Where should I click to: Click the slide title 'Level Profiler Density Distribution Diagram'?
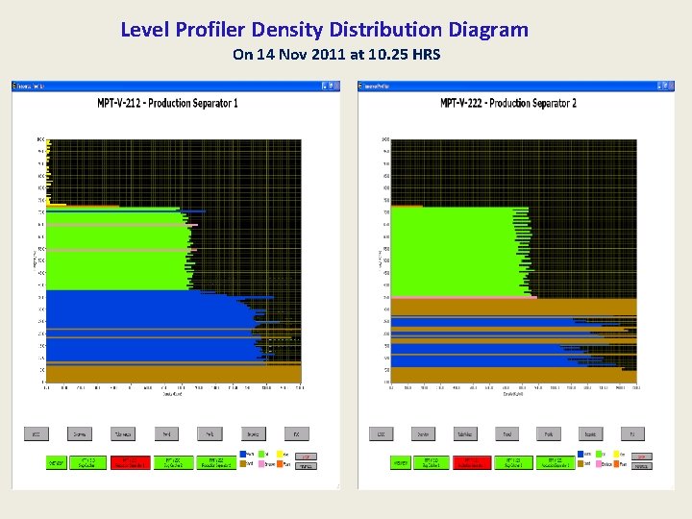coord(324,30)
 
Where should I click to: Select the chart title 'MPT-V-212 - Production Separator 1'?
coord(168,103)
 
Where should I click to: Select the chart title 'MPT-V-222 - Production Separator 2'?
coord(508,103)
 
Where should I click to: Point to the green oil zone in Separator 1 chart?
coord(115,255)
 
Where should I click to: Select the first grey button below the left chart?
coord(36,434)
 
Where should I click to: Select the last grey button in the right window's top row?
coord(631,434)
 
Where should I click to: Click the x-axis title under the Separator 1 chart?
coord(173,395)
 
